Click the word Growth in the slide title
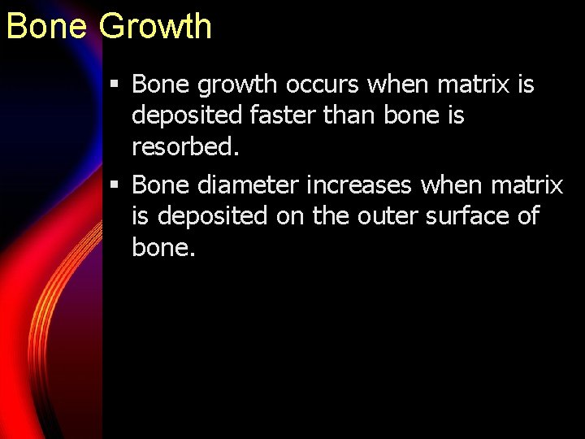point(156,26)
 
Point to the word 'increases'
point(361,185)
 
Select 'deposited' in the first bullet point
point(182,115)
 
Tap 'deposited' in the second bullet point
point(213,216)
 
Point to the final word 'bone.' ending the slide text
point(163,247)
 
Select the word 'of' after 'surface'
point(526,216)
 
